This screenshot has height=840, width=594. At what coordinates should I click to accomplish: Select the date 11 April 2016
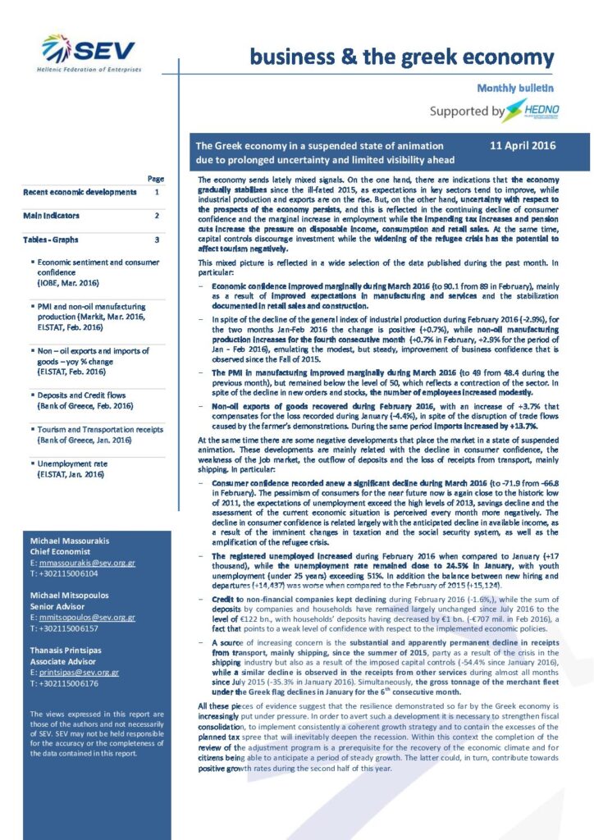pyautogui.click(x=522, y=146)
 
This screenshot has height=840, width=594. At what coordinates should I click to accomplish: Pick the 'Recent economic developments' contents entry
pyautogui.click(x=80, y=192)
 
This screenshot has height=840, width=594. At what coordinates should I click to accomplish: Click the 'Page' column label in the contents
pyautogui.click(x=155, y=178)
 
